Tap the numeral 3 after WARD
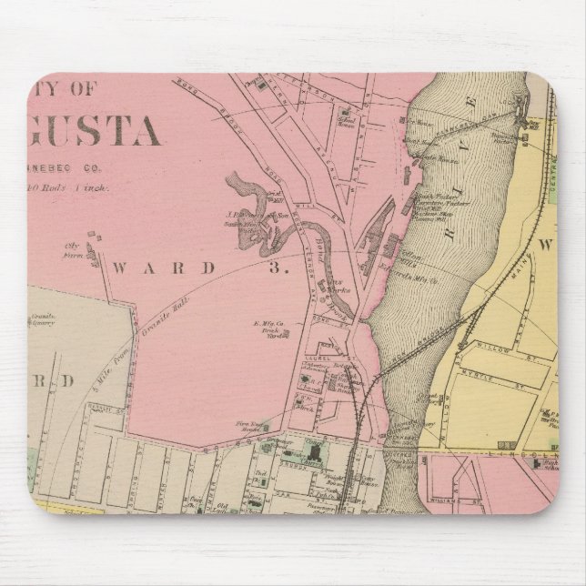pyautogui.click(x=290, y=268)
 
